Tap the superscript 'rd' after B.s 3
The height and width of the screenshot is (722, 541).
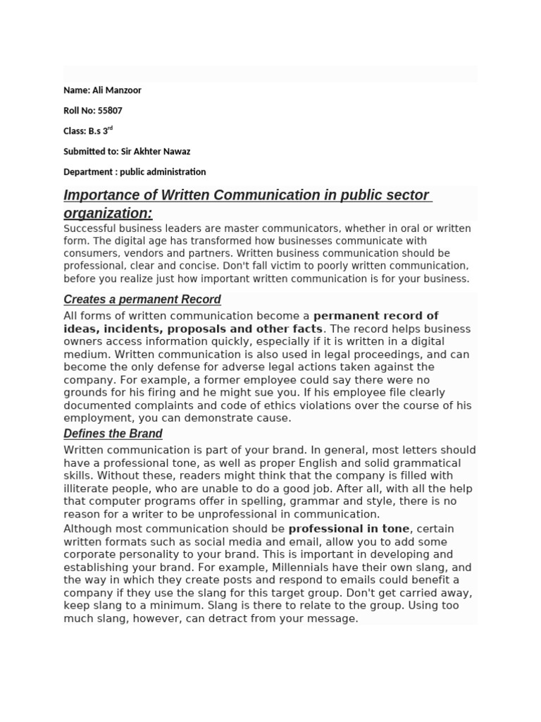(110, 129)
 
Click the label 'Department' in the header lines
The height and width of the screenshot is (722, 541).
(87, 172)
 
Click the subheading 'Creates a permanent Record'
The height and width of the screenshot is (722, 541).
(142, 300)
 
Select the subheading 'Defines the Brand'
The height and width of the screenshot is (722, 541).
(113, 434)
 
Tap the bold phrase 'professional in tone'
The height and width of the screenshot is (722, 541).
(349, 529)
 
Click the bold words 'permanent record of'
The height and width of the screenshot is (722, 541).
(375, 316)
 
